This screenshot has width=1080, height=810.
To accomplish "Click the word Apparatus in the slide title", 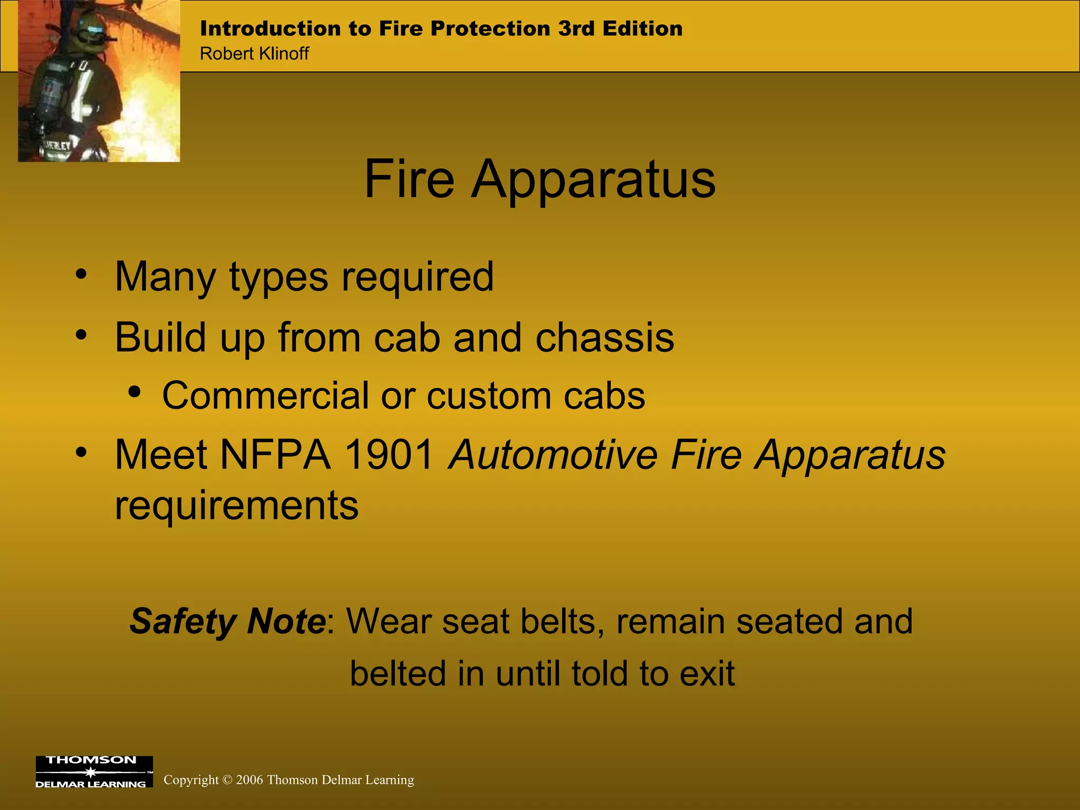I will pos(593,180).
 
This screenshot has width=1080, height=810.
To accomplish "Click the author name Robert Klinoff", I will pos(254,53).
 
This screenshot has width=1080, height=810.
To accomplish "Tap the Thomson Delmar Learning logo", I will pos(94,772).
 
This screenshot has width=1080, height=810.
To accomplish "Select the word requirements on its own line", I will pos(237,505).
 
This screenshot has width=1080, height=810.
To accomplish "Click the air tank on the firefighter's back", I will pos(50,92).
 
